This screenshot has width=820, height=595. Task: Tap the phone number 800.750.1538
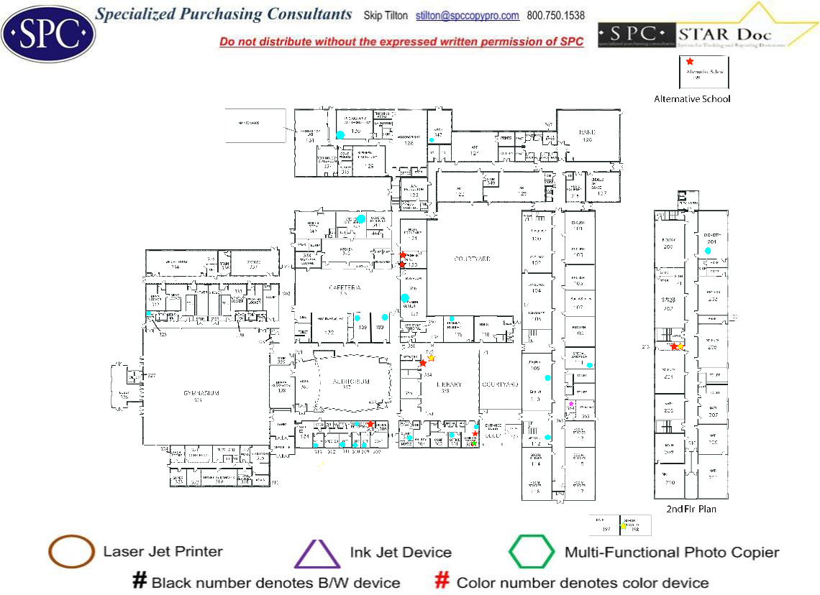556,16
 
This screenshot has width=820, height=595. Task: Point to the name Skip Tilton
386,16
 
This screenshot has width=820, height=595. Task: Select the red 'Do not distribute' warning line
401,42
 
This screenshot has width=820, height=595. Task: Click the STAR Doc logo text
724,34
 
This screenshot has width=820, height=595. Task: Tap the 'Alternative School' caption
692,98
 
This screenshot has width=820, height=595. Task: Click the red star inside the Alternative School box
690,62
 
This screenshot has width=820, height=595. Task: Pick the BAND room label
588,132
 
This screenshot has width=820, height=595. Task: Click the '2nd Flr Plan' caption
691,509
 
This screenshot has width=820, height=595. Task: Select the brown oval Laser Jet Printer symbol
71,552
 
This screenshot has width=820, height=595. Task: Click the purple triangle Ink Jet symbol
317,553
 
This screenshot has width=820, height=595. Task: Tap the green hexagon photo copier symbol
532,552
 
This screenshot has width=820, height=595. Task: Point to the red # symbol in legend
443,581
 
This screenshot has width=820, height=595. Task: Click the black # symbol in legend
140,581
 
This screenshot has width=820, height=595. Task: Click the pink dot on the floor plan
570,404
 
